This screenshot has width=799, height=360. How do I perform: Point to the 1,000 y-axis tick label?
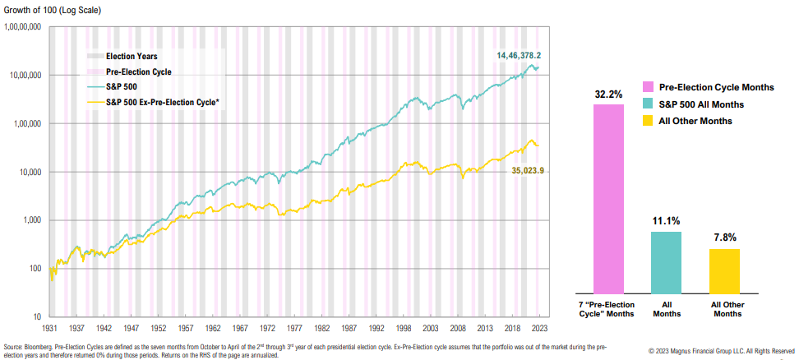[x=31, y=220]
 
